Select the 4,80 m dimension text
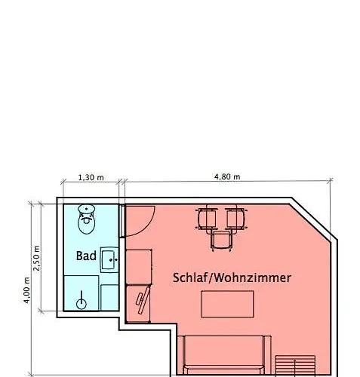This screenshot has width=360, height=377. (x=227, y=177)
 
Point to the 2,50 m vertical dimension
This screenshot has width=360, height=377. (x=37, y=256)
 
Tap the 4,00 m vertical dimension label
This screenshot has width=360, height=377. (x=26, y=290)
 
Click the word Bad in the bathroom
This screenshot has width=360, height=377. (x=86, y=256)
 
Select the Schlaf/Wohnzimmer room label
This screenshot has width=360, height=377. (x=232, y=277)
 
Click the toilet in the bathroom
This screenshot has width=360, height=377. (x=88, y=219)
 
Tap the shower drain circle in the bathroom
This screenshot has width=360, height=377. (x=82, y=303)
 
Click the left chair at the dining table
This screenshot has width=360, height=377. (x=208, y=219)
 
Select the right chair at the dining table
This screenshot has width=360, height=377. (x=236, y=219)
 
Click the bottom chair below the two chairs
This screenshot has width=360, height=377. (x=221, y=241)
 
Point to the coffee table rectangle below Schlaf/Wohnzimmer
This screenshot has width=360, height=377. (x=226, y=304)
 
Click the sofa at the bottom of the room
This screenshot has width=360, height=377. (x=225, y=354)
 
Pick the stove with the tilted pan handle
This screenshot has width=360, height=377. (x=139, y=302)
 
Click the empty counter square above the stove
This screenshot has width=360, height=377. (x=139, y=266)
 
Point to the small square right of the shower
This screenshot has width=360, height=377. (x=110, y=296)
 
